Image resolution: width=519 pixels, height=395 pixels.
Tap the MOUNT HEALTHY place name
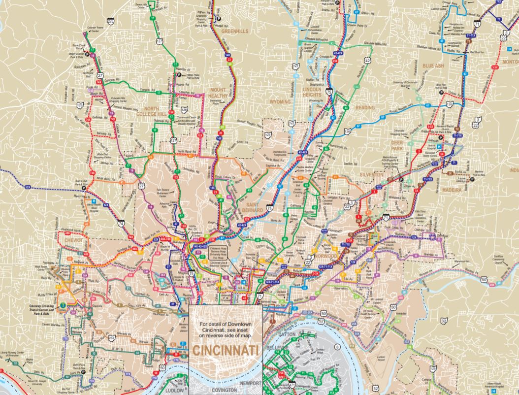point(217,93)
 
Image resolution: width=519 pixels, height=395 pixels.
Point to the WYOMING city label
point(281,101)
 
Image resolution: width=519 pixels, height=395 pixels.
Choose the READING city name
point(365,107)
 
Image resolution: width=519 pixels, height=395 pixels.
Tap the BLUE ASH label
point(433,66)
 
